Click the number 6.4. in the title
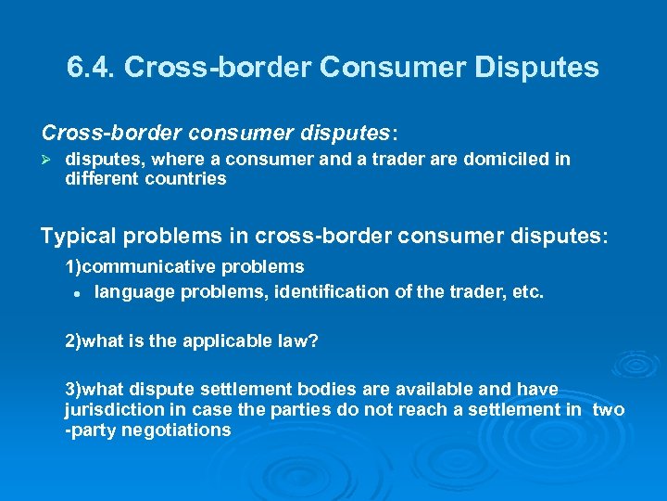click(92, 68)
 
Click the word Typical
click(74, 236)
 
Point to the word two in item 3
click(608, 410)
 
